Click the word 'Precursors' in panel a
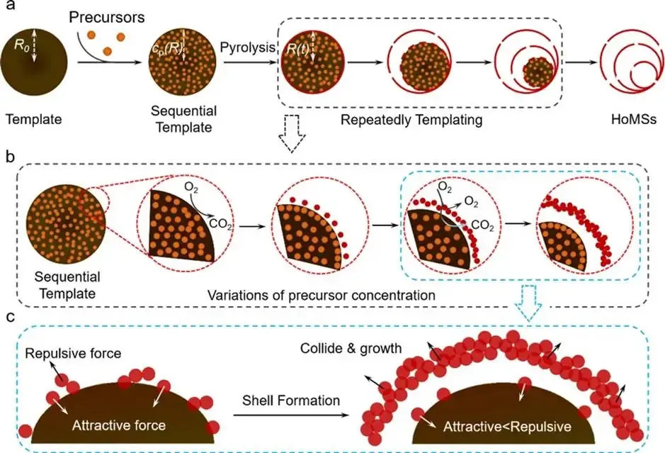[106, 15]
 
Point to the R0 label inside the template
[23, 47]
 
